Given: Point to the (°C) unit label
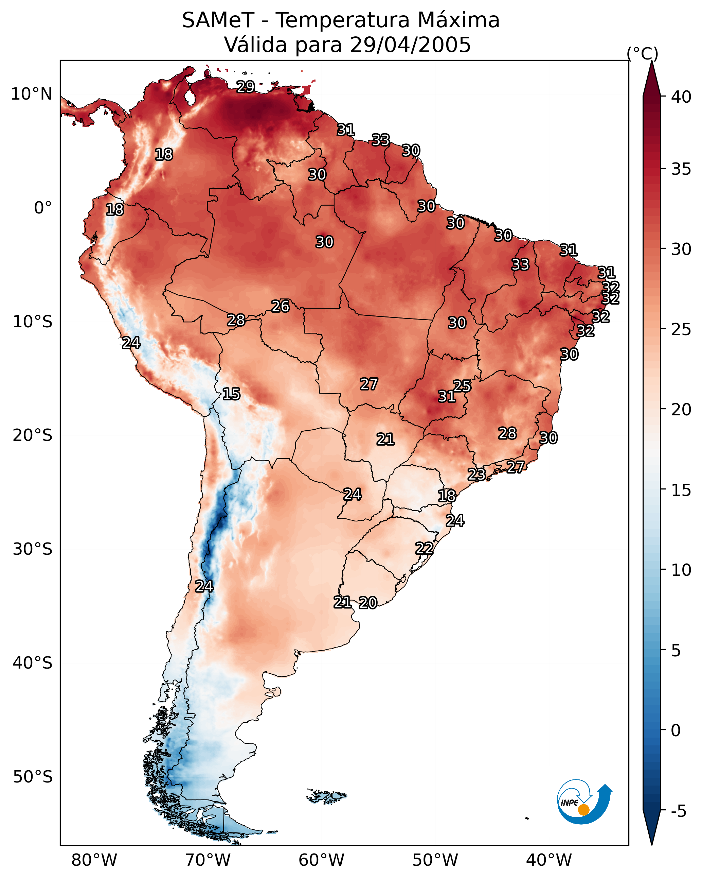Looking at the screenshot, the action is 643,53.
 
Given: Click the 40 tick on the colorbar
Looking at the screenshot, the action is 681,97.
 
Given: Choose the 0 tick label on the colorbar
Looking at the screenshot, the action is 676,730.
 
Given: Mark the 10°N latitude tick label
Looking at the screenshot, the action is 31,94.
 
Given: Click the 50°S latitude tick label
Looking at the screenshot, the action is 33,777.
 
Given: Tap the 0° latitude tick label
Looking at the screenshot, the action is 43,208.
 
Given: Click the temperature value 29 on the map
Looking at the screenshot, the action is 246,87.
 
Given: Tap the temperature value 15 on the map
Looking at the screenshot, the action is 231,394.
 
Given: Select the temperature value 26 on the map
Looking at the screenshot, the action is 280,306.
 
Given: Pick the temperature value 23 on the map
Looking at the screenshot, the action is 476,474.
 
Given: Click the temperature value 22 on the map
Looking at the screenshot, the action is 424,548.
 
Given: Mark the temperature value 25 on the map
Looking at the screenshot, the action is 462,386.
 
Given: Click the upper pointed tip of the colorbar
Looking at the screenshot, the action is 651,61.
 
